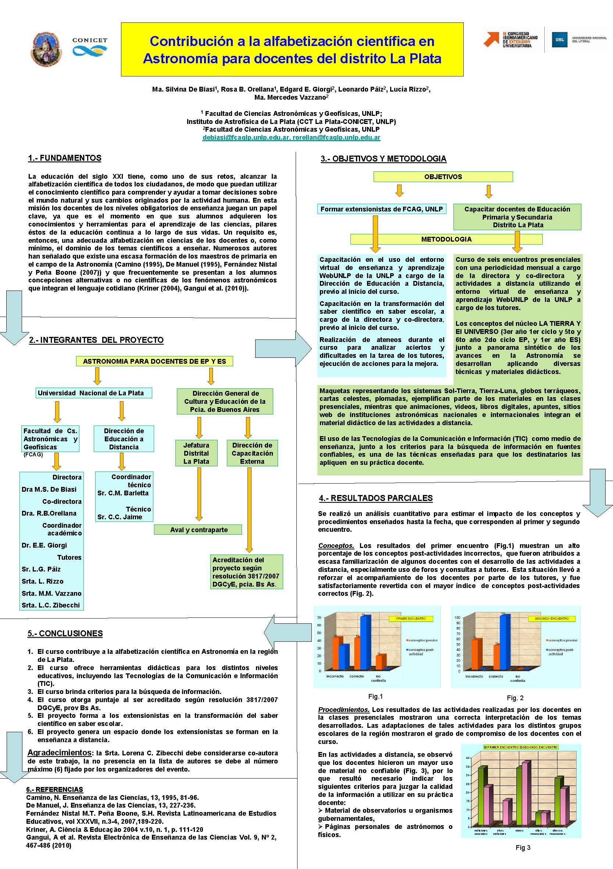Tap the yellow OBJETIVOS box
point(443,177)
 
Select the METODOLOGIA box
point(446,239)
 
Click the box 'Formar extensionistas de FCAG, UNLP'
point(381,209)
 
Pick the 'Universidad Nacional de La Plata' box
point(91,393)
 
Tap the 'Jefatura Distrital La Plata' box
point(196,453)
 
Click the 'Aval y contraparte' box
point(198,530)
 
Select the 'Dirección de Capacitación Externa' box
point(252,453)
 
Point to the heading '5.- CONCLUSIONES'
point(65,633)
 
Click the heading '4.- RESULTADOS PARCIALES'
point(376,498)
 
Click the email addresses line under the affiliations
point(291,138)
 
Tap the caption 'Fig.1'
point(375,696)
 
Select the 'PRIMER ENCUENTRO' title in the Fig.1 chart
point(411,619)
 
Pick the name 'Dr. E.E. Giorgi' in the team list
point(44,545)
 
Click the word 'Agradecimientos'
point(60,753)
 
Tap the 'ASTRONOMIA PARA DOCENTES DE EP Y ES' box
point(154,361)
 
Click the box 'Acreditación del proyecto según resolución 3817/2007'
point(246,571)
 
